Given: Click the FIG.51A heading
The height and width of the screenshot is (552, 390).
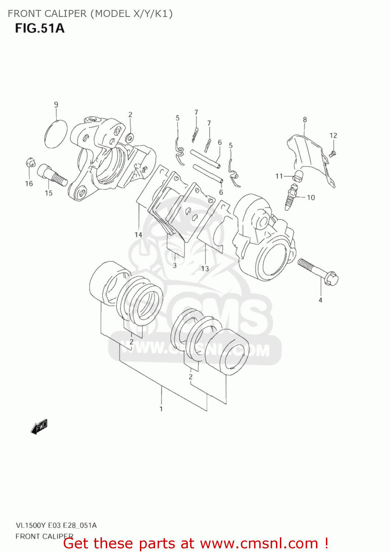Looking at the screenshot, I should (40, 28).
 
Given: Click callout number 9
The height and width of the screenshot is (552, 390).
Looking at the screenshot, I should (56, 105).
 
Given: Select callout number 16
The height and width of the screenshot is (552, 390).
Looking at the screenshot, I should (29, 184).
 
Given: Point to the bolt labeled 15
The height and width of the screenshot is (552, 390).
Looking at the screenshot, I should (52, 176).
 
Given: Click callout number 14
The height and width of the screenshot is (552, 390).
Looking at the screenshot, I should (138, 234).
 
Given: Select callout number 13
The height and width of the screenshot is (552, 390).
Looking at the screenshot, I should (205, 269).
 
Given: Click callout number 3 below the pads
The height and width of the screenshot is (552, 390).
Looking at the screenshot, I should (175, 265).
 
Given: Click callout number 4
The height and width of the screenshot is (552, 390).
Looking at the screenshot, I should (320, 300).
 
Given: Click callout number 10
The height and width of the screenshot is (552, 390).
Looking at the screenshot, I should (311, 198).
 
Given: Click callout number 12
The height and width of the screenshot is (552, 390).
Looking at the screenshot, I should (333, 135).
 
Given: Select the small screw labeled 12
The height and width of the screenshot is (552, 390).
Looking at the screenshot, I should (332, 154).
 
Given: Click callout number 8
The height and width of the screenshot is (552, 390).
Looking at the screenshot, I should (305, 120).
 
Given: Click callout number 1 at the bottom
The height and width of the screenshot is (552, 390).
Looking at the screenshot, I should (161, 409).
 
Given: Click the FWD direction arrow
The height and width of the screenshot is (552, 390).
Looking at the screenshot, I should (39, 427).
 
